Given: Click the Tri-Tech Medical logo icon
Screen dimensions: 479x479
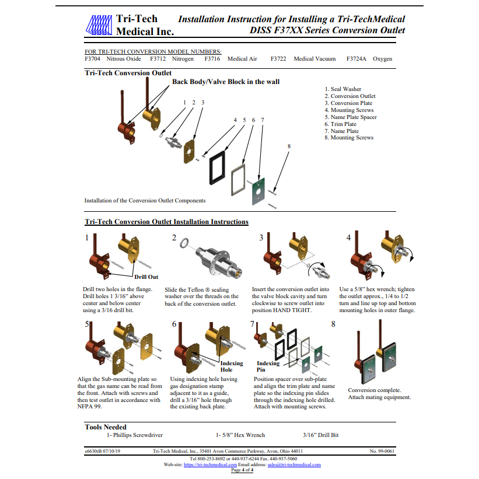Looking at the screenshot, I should point(99,25).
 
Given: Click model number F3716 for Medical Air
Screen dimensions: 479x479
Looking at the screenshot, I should point(212,59).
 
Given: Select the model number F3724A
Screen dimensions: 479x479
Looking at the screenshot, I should point(356,59).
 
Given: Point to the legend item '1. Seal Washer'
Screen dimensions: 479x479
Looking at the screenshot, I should point(342,89).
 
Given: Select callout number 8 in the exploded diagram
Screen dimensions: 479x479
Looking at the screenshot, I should point(289,146).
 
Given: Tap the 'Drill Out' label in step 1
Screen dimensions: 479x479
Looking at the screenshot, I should point(146,277).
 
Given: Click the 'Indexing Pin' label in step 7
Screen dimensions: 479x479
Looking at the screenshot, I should point(268,366).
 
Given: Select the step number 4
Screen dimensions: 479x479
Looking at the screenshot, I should point(349,237).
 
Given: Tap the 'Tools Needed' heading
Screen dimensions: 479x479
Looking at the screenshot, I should point(106,427).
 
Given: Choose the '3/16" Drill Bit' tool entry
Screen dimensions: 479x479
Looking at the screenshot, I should point(320,435).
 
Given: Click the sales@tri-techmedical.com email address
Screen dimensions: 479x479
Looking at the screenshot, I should point(294,465).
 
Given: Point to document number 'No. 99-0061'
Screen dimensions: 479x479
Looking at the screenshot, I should point(382,452).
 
